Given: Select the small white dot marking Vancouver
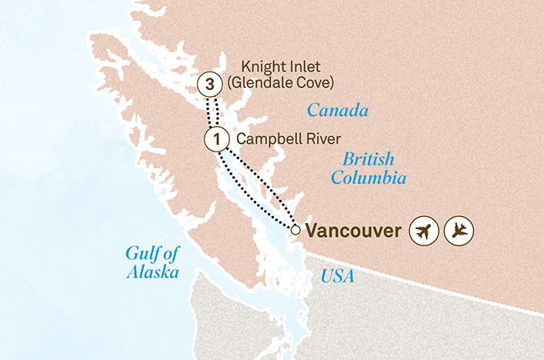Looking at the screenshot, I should coord(295,228).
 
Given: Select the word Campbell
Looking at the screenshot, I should coord(264,139).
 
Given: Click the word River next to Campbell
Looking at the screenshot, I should coord(319,139).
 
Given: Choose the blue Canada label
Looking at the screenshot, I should coord(338,111).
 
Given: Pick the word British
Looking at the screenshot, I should coord(369,160).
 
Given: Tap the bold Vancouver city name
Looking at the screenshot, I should coord(353,230).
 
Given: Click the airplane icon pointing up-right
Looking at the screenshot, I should coord(424,230).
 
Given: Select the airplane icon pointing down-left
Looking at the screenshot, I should coord(459,230).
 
